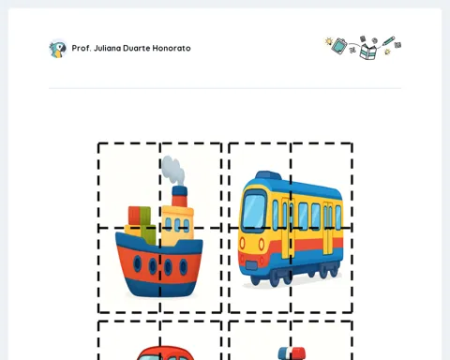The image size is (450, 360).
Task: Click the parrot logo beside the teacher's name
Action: (58, 49)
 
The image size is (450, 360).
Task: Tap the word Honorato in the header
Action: (172, 48)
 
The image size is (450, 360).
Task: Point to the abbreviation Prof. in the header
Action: (82, 48)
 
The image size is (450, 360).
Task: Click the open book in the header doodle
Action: (368, 52)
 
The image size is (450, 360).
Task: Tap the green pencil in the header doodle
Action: (388, 41)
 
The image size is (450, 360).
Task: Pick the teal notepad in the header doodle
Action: (339, 46)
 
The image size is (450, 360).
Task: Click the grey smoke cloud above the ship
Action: (172, 170)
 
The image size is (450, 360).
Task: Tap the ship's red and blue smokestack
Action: (179, 196)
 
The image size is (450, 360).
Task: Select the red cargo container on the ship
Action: (134, 216)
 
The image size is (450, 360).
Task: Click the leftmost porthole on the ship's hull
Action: (137, 263)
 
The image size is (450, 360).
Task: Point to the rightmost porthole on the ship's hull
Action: (184, 267)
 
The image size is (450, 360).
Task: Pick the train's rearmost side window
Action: (338, 217)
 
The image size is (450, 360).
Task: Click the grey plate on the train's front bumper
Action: (251, 266)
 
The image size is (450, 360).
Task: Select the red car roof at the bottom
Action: (165, 352)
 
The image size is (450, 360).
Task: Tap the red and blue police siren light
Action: (292, 353)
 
